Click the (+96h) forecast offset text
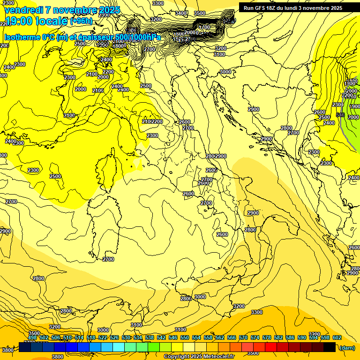[x=81, y=22]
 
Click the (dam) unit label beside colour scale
[x=346, y=348]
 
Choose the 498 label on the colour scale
[x=32, y=337]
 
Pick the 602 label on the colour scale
[x=337, y=337]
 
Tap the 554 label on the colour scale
[x=196, y=337]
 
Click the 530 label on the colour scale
[x=126, y=337]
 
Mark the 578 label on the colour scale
[x=267, y=337]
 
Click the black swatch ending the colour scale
[x=330, y=347]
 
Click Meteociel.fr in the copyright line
[x=218, y=357]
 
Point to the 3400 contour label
[x=181, y=13]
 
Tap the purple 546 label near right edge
[x=341, y=115]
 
